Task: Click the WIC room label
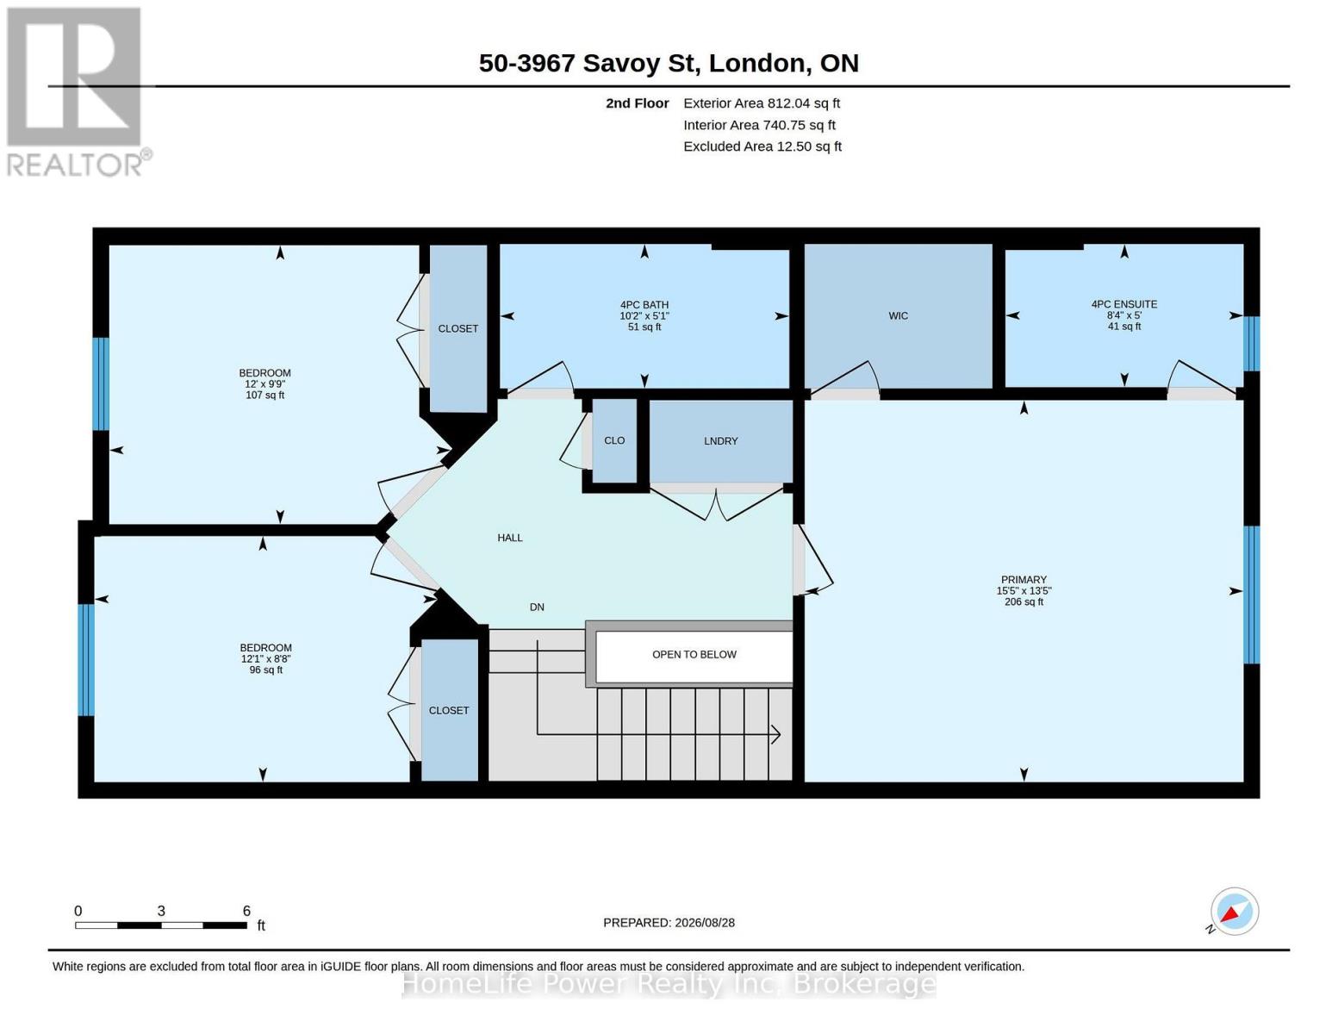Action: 898,316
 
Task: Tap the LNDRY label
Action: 720,441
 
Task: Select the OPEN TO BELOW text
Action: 694,655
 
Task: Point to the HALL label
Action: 510,538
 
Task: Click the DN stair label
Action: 537,607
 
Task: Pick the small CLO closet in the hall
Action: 614,440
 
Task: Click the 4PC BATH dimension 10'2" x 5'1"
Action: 644,316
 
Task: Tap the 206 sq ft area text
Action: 1024,601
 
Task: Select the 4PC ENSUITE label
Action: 1123,304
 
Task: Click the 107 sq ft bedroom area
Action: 264,396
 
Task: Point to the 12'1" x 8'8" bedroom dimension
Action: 265,659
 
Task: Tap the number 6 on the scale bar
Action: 246,911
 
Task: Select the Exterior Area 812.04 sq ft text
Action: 762,103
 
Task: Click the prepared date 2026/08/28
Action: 705,923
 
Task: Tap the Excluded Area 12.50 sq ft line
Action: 762,146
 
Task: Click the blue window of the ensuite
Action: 1252,344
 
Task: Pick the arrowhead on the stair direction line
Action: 775,734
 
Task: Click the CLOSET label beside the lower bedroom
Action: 449,711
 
